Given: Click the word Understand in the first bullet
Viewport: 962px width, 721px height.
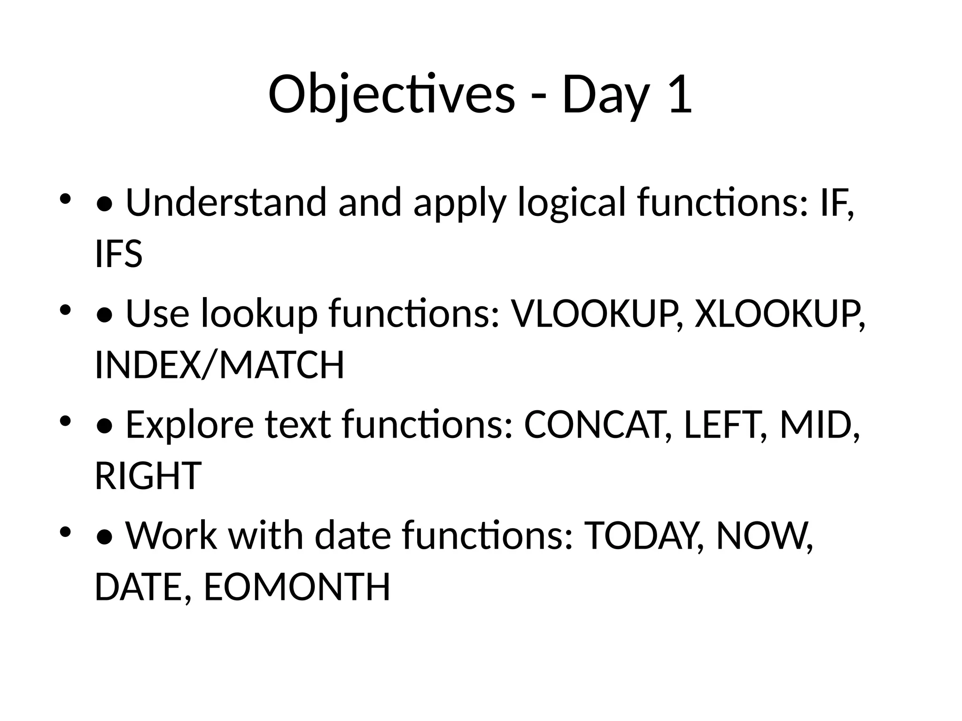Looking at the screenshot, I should (x=226, y=202).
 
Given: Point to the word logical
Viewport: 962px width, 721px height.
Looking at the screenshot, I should (x=571, y=202).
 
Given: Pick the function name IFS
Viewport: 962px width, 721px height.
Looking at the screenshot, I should (x=118, y=254).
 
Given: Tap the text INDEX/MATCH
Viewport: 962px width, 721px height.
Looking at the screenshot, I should (x=219, y=365).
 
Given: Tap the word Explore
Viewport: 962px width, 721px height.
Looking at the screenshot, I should (x=190, y=425).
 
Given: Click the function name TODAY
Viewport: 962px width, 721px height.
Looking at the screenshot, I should (x=643, y=536).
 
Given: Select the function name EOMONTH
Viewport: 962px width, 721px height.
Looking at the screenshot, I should (x=297, y=587).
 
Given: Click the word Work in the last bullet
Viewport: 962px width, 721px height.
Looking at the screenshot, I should (x=171, y=536).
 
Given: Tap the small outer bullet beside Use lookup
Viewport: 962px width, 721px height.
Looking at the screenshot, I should (x=65, y=310).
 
